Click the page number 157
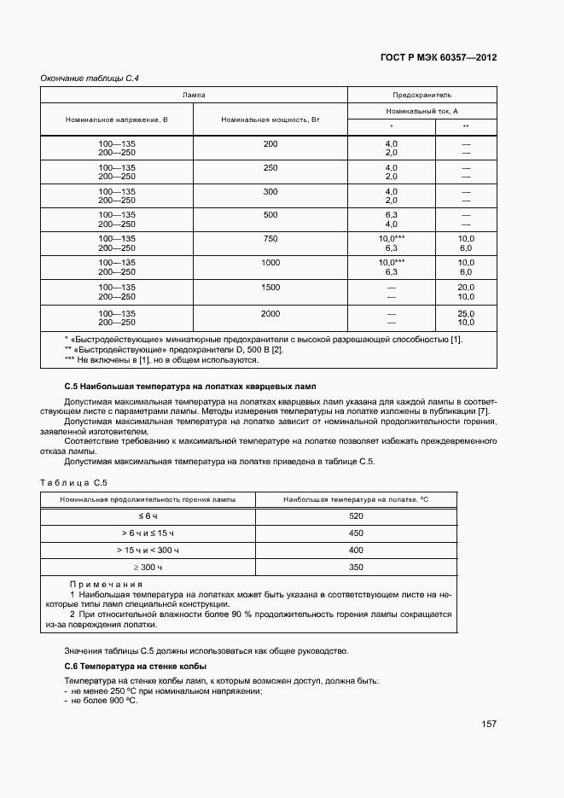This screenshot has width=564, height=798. point(489,724)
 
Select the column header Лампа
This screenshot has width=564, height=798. point(194,95)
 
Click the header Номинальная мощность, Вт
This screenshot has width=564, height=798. point(270,119)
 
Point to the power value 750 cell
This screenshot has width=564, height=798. point(270,239)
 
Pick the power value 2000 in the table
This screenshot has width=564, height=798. point(270,314)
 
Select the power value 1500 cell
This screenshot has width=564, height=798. point(270,288)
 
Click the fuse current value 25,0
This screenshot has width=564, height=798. point(466,314)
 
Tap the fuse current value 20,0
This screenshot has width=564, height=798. point(466,288)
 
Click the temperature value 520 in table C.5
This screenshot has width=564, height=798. point(357,516)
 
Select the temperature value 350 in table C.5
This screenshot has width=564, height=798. point(357,567)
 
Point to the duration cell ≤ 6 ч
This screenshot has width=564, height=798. point(148,516)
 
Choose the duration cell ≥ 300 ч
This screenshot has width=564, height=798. point(148,567)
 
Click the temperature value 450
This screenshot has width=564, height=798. point(357,533)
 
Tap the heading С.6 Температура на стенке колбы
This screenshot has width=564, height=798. point(136,666)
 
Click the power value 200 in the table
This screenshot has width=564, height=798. point(270,143)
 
